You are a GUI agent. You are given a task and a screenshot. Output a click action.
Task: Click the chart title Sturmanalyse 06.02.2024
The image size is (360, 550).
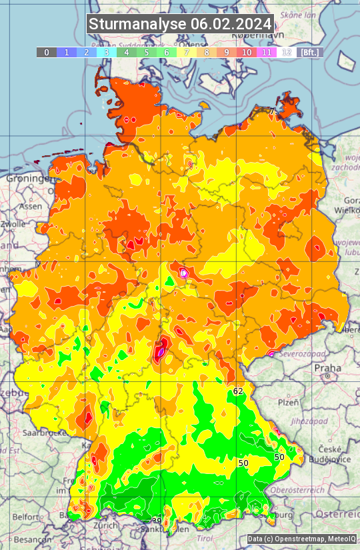pos(180,25)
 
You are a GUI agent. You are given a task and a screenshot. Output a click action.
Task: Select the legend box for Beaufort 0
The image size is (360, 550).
pos(47,52)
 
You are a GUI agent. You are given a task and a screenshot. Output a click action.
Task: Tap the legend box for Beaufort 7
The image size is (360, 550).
pos(187,52)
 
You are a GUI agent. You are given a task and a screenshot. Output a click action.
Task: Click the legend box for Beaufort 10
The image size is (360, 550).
pos(247,52)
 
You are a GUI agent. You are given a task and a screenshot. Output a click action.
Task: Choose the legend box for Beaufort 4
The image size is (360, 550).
pos(127,52)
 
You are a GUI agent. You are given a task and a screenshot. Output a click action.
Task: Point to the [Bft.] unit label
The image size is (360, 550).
pos(309,52)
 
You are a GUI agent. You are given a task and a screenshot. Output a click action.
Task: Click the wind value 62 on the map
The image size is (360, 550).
pos(238,391)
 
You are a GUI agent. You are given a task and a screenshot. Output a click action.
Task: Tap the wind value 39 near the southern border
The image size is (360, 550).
pos(157,521)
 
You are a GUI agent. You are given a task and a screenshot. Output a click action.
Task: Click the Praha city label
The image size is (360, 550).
pos(327,367)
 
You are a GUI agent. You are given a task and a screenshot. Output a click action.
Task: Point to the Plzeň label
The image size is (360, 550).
pos(287,403)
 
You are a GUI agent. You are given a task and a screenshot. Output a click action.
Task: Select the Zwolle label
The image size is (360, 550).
pos(12,224)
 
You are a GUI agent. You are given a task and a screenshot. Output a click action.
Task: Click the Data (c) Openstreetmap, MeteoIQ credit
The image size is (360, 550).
pos(301,539)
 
